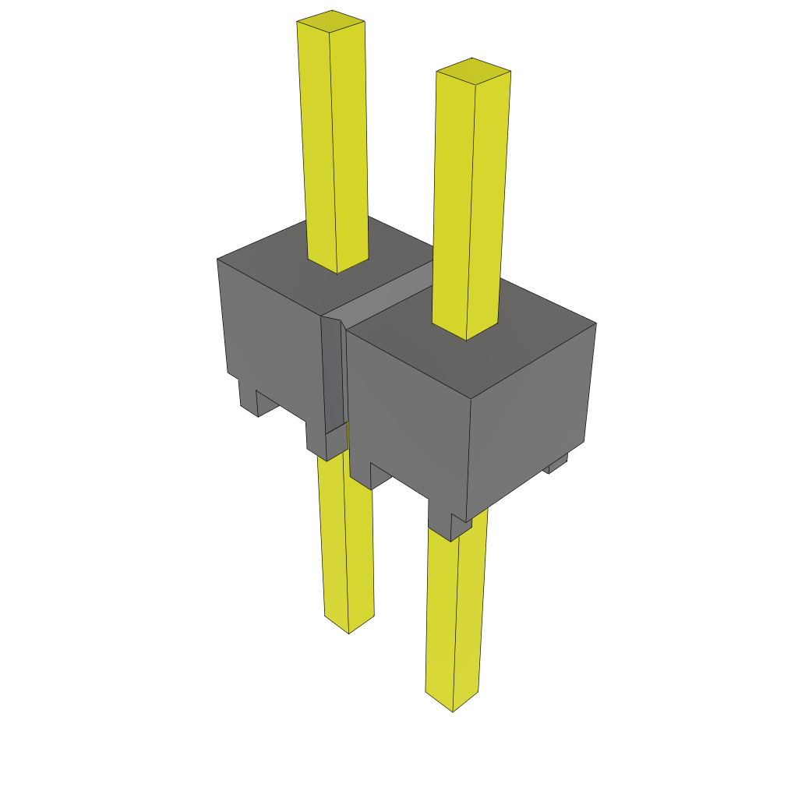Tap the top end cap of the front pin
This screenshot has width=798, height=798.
pos(473,70)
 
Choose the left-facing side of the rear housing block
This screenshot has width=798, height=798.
pos(269,335)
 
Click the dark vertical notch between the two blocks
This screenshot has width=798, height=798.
pos(332,374)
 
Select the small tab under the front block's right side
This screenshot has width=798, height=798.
pos(556,465)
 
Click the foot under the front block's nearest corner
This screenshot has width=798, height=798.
pos(450,526)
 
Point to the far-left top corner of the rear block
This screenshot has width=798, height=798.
pos(217,260)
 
